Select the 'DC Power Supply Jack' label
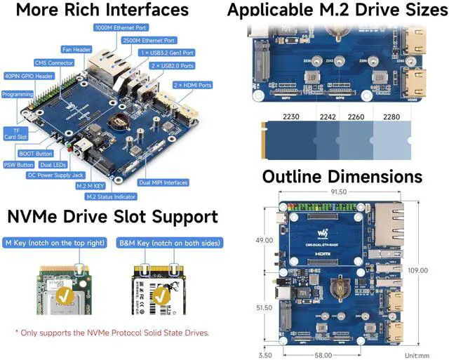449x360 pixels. pyautogui.click(x=55, y=175)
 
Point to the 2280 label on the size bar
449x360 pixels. pyautogui.click(x=391, y=117)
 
